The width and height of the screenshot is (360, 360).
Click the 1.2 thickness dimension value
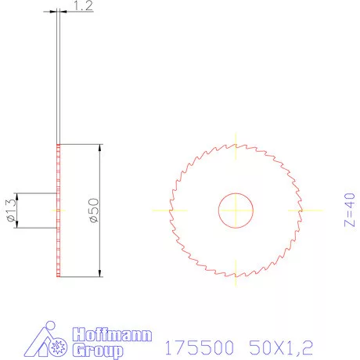click(x=82, y=6)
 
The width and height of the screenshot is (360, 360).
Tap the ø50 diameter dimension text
click(x=94, y=211)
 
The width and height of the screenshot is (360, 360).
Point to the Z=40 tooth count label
click(x=349, y=211)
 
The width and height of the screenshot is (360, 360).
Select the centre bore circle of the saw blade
click(x=235, y=211)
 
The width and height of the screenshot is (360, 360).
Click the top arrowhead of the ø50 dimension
click(x=100, y=149)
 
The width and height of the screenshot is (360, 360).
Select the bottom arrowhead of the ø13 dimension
click(x=17, y=225)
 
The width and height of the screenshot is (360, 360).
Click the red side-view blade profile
click(x=59, y=235)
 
